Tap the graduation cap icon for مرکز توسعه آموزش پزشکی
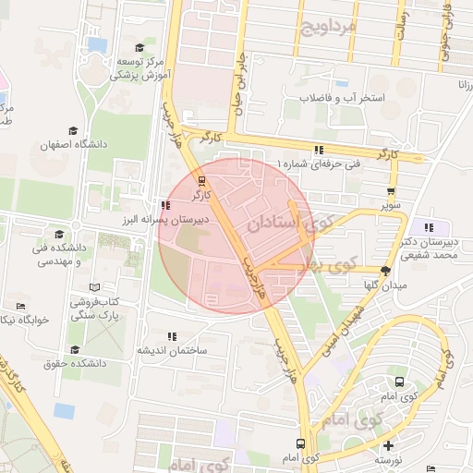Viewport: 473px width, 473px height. click(139, 48)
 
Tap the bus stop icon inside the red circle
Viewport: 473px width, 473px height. click(202, 180)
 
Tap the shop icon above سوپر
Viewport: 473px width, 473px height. click(393, 193)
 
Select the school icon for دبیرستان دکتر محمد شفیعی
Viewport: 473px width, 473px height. click(428, 226)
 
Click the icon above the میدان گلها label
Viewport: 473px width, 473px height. click(385, 271)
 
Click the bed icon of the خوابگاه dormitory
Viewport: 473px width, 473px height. click(20, 306)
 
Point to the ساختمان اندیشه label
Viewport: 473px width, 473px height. click(173, 351)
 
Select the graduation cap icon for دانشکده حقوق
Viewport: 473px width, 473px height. click(75, 349)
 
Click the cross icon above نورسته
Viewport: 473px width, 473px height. click(387, 444)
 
